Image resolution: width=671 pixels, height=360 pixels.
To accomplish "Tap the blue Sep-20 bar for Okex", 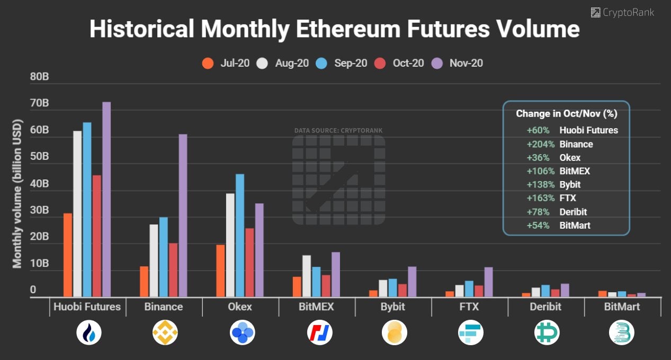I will pos(240,235).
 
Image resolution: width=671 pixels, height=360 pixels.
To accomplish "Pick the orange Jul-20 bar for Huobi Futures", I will pos(68,255).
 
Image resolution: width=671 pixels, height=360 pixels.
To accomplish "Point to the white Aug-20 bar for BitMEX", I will pos(307,276).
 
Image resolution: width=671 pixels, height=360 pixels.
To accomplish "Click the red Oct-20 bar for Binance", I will pos(173,270).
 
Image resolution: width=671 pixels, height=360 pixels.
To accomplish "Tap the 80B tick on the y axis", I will pos(40,77).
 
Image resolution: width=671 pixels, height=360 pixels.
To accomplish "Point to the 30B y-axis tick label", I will pos(40,210).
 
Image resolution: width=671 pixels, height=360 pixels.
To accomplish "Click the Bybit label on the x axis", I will pos(392,307).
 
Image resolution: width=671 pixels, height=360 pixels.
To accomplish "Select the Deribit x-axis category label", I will pos(545,307).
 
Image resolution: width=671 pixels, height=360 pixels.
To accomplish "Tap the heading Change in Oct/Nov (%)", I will pos(566,113).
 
